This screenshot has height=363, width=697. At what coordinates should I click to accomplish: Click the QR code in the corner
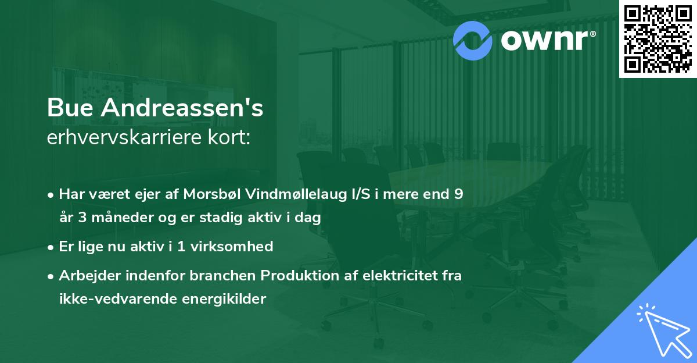[x=658, y=38]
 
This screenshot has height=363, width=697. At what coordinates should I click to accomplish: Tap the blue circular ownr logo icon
[x=472, y=40]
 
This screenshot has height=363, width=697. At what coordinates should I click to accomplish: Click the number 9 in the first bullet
[x=458, y=194]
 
